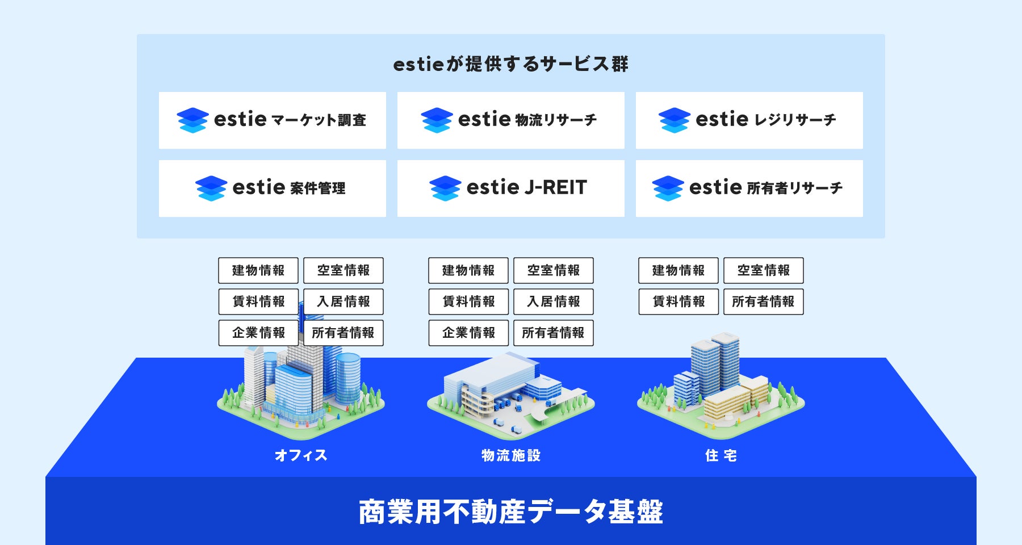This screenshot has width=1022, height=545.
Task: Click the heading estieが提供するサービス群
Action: pyautogui.click(x=510, y=64)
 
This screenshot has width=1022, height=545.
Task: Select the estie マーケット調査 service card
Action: pyautogui.click(x=273, y=120)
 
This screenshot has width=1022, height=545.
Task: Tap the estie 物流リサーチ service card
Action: pyautogui.click(x=511, y=120)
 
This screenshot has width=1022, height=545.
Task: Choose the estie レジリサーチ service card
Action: pyautogui.click(x=749, y=120)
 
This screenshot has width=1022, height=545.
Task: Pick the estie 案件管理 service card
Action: pyautogui.click(x=273, y=188)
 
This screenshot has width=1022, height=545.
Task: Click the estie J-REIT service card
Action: pyautogui.click(x=511, y=188)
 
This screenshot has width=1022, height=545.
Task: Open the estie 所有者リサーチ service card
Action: pyautogui.click(x=749, y=188)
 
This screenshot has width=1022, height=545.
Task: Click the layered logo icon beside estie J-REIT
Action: pyautogui.click(x=445, y=188)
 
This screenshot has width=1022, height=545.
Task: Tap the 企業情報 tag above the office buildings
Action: pyautogui.click(x=258, y=333)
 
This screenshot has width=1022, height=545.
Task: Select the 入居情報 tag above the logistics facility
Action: pyautogui.click(x=554, y=301)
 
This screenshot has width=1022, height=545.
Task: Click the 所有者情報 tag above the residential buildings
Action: pyautogui.click(x=764, y=301)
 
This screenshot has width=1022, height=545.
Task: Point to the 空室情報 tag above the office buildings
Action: pyautogui.click(x=344, y=270)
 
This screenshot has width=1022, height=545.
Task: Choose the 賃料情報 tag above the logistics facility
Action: pyautogui.click(x=468, y=301)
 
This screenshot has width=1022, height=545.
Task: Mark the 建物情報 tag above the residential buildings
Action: pyautogui.click(x=678, y=270)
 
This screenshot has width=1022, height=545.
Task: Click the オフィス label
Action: pyautogui.click(x=301, y=455)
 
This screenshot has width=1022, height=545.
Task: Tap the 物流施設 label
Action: pyautogui.click(x=511, y=455)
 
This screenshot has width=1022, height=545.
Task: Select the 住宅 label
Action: pyautogui.click(x=721, y=455)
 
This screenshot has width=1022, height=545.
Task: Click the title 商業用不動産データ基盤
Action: pyautogui.click(x=511, y=512)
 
